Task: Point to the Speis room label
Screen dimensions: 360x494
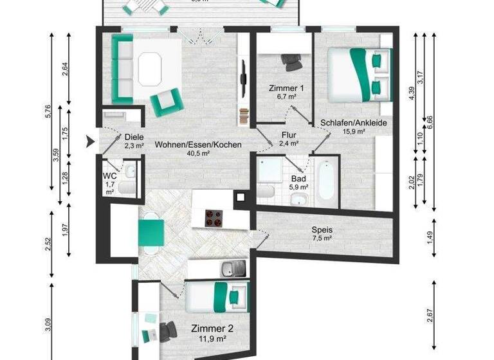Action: (x=322, y=230)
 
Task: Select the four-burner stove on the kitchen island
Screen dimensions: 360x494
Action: (x=213, y=218)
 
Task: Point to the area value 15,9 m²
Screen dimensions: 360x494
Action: (x=353, y=132)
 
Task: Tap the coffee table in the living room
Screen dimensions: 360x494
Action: (x=149, y=67)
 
